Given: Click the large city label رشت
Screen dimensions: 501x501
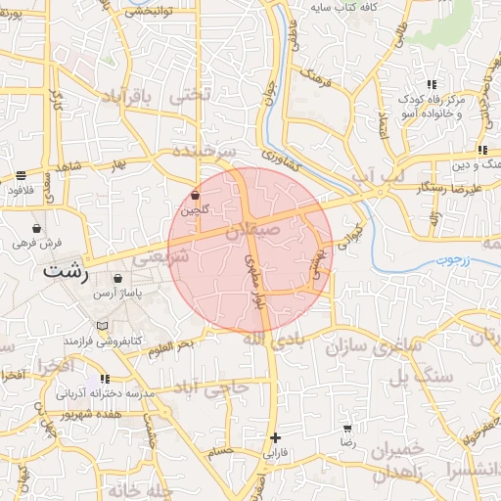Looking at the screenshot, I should (x=65, y=271).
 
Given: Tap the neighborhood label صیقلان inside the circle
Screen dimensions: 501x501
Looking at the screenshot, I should (x=251, y=232).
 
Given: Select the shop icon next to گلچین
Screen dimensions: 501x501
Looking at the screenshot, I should (x=197, y=195).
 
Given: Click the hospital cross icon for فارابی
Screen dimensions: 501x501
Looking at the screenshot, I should (x=276, y=437).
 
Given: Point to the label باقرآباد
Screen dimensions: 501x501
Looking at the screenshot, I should (x=124, y=99).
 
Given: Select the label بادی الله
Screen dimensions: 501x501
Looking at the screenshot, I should (x=267, y=339).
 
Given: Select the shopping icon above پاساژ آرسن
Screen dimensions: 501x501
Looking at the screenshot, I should (x=117, y=279).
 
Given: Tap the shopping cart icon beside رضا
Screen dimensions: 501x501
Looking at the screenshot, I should (x=346, y=429).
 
